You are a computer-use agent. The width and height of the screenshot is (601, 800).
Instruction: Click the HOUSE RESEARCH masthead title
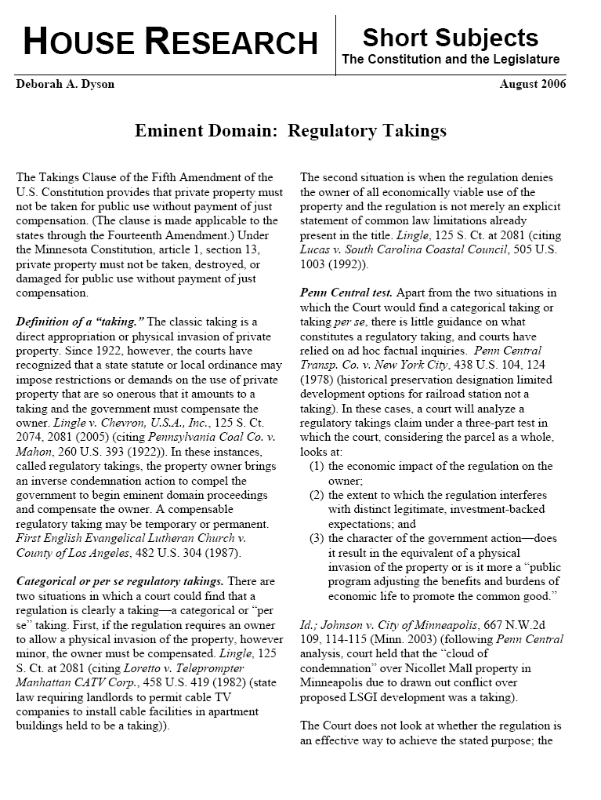coord(170,42)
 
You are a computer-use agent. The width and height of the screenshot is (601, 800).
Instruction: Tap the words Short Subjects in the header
coord(450,37)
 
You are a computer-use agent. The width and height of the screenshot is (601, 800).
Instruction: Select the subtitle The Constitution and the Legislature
coord(451,60)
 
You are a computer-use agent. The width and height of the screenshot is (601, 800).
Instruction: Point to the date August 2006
coord(533,85)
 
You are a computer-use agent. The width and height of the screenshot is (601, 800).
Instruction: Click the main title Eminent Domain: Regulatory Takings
coord(291,130)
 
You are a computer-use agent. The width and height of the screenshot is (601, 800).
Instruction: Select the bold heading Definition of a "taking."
coord(79,322)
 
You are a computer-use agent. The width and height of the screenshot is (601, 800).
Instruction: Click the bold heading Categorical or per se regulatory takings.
coord(120,581)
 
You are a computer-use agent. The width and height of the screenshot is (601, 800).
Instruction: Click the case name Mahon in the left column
coord(34,453)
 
